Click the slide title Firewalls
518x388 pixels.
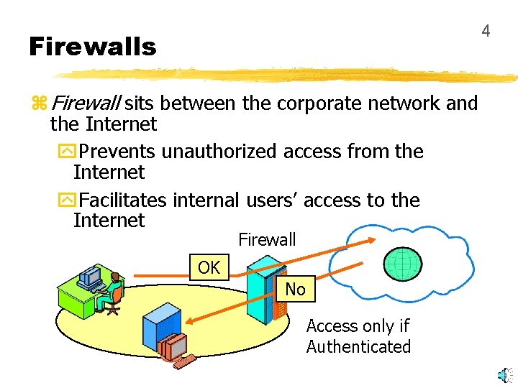click(92, 47)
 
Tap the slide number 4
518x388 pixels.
click(486, 31)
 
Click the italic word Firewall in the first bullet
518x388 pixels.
click(86, 103)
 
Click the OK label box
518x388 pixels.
click(209, 267)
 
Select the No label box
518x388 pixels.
click(295, 290)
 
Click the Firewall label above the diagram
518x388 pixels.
click(267, 239)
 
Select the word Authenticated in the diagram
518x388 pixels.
click(358, 346)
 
